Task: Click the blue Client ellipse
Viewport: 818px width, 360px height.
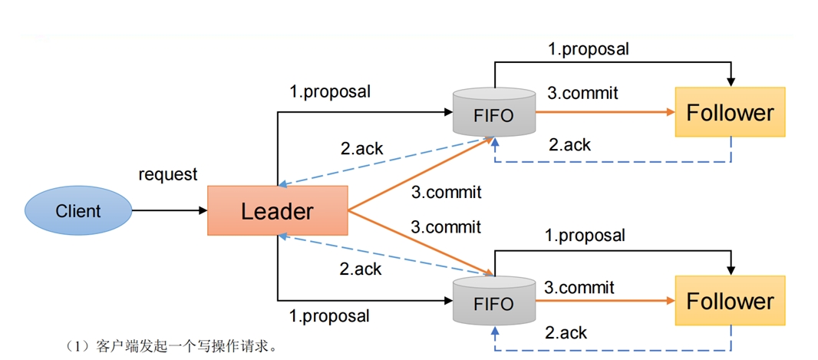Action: click(78, 210)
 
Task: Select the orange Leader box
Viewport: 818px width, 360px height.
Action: click(278, 210)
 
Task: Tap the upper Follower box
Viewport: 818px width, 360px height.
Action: click(730, 112)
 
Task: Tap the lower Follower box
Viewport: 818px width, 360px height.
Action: click(730, 301)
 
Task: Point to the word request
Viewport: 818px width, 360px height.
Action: click(168, 175)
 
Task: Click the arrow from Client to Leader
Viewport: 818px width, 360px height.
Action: click(170, 210)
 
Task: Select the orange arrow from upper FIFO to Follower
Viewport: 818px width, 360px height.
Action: click(605, 111)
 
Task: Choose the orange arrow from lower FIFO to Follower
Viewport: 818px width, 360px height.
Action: click(605, 301)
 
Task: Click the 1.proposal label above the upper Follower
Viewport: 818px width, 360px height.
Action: click(588, 49)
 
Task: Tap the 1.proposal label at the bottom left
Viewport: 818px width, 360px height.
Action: click(329, 315)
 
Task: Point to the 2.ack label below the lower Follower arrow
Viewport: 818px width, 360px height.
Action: click(566, 332)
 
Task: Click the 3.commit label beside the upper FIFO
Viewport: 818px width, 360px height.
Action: click(582, 93)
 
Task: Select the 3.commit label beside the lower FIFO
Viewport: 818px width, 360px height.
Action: click(579, 287)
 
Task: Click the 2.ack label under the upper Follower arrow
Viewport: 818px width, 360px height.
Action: click(569, 144)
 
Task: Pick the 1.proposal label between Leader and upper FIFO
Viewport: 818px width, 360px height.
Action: click(330, 91)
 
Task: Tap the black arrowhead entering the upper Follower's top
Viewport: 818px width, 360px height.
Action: click(731, 82)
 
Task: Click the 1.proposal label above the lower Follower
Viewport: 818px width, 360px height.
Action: click(585, 236)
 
